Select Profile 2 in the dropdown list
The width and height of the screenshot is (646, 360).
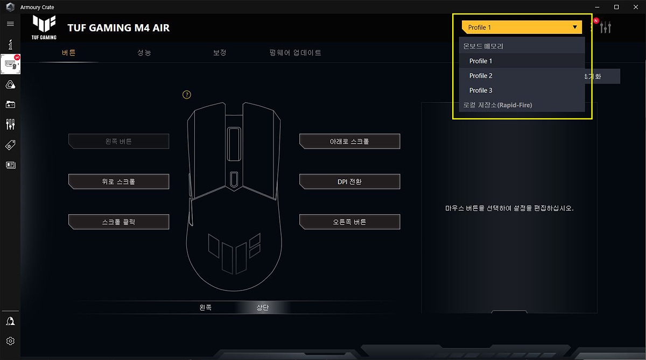[x=481, y=76]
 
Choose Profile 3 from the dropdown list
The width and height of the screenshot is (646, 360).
[x=481, y=90]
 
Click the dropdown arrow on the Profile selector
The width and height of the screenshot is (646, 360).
[x=574, y=27]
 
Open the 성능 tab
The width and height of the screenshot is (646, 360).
[x=144, y=53]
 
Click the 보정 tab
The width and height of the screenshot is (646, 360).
[x=220, y=53]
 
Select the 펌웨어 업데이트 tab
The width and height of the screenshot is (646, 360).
[x=296, y=53]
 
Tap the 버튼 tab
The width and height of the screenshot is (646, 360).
[x=69, y=53]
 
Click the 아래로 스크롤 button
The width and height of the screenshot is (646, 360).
[x=349, y=142]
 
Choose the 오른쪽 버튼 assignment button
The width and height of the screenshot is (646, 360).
[x=349, y=222]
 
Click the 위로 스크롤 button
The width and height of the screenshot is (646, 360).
[x=119, y=182]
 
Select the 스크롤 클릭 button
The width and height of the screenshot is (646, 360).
[x=119, y=222]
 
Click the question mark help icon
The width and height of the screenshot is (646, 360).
[x=187, y=95]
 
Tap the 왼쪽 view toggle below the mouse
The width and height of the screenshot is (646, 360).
[x=206, y=308]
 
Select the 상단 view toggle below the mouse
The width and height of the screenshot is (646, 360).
[x=262, y=308]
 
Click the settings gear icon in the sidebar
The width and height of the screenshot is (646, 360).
[x=10, y=341]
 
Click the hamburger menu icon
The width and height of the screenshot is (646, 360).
[x=10, y=24]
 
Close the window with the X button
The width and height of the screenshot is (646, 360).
[x=635, y=7]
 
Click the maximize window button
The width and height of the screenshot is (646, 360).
[x=616, y=7]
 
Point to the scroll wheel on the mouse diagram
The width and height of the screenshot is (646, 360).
[x=234, y=144]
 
